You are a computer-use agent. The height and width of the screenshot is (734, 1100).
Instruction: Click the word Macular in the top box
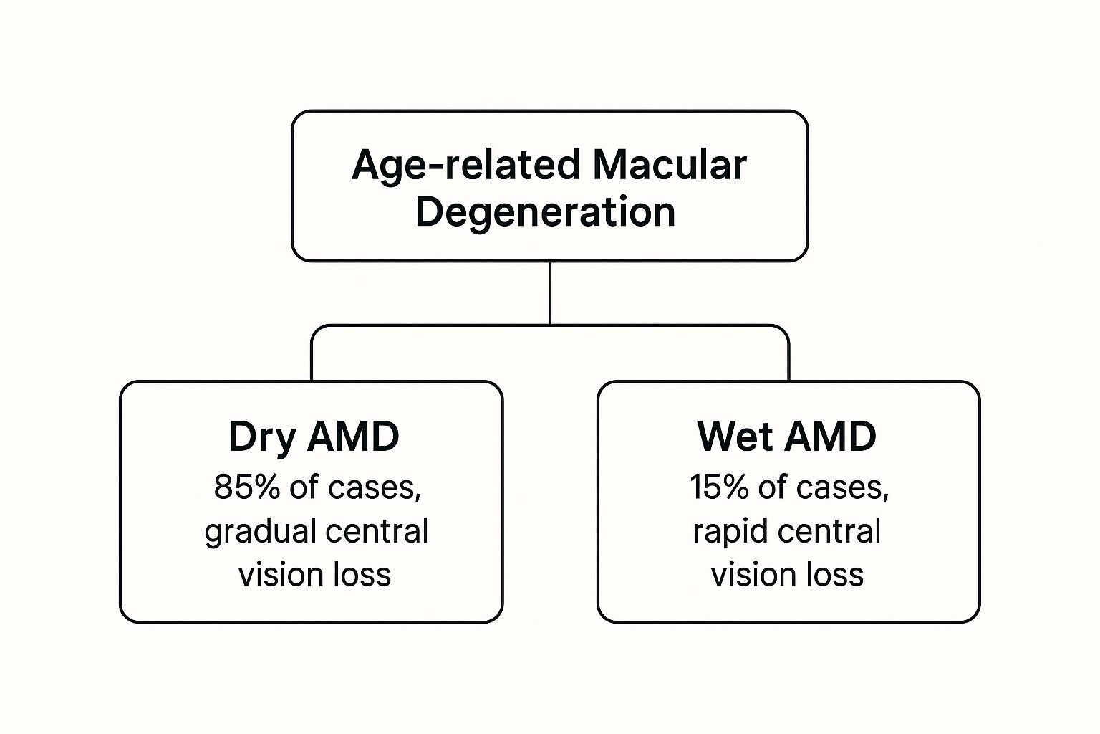pos(669,165)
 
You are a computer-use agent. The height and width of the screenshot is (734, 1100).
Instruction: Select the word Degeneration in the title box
pos(546,212)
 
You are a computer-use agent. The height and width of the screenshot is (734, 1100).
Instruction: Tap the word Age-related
pos(465,165)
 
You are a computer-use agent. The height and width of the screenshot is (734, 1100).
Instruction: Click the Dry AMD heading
pos(314,436)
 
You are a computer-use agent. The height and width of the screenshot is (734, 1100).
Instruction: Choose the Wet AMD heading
pos(786,436)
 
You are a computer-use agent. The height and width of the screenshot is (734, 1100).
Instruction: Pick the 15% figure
pos(720,487)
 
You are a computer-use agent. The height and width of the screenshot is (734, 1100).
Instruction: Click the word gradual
pos(260,532)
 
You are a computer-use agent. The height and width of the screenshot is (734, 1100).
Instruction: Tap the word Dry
pos(261,436)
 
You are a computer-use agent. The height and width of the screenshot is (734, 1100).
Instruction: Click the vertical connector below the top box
pos(549,294)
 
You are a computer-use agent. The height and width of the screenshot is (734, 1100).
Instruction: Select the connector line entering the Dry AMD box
pos(312,358)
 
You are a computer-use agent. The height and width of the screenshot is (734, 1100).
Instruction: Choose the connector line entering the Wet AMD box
pos(788,358)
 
